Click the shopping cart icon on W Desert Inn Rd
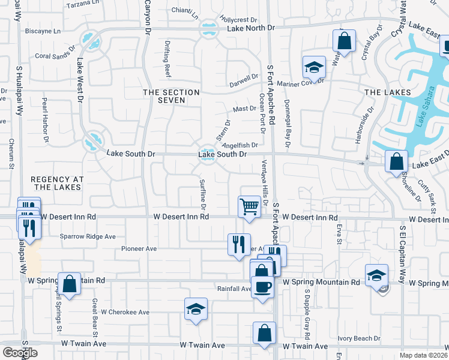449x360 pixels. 249,207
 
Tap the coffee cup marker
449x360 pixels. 262,287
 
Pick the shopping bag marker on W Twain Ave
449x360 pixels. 264,333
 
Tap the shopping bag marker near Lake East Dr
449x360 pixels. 396,161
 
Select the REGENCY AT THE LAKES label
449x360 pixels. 55,183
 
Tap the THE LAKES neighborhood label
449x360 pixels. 388,92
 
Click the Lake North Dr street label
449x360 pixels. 250,28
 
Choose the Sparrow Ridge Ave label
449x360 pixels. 88,236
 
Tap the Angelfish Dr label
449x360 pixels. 240,145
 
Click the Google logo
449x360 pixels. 20,353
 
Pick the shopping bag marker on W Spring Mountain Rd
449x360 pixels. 69,283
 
